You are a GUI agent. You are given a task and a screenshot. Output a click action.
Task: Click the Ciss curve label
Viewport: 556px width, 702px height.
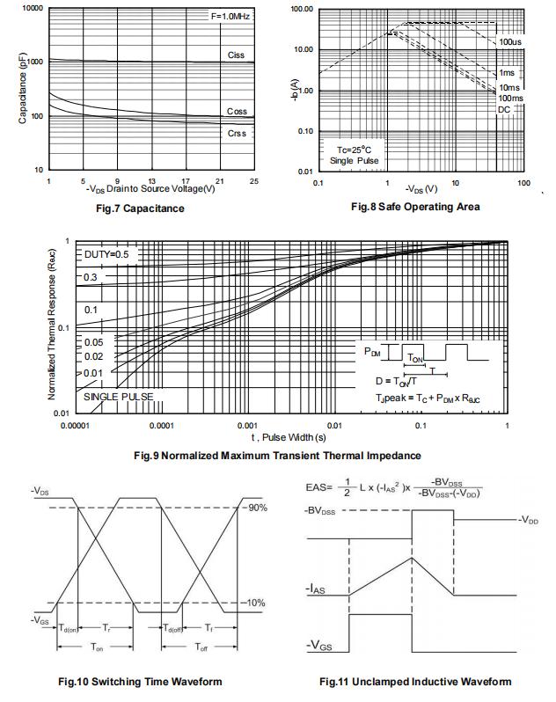(x=236, y=55)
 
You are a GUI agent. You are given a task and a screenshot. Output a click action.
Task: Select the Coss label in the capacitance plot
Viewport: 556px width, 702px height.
(x=237, y=112)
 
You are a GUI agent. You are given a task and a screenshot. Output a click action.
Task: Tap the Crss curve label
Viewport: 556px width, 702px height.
(x=237, y=134)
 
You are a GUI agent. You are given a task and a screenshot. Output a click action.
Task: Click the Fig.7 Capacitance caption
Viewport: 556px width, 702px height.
(x=141, y=208)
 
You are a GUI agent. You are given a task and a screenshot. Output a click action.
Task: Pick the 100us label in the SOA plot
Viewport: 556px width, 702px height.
(x=509, y=42)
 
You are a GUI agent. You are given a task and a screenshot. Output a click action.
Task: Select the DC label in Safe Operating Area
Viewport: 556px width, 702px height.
(x=504, y=109)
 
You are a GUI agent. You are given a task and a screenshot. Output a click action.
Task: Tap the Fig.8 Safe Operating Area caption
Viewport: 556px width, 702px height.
(x=415, y=207)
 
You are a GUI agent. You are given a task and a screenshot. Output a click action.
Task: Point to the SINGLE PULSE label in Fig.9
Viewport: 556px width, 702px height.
(x=118, y=397)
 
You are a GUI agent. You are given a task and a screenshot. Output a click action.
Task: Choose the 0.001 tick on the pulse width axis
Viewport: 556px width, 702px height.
(x=247, y=425)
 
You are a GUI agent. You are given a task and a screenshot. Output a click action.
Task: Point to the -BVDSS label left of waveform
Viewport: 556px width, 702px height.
(x=320, y=511)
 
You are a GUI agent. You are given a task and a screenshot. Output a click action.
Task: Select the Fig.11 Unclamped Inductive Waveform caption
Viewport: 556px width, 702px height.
(x=414, y=682)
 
